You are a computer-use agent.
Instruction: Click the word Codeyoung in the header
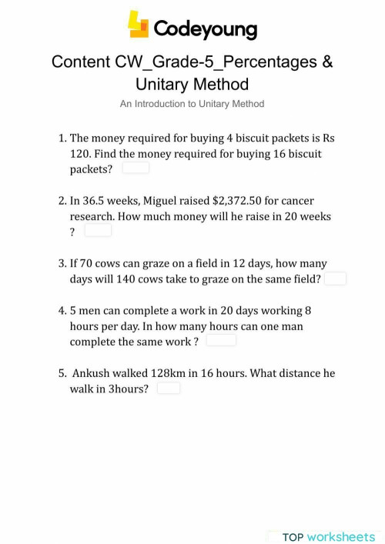(x=205, y=28)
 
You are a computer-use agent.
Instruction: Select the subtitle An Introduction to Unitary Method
(x=192, y=103)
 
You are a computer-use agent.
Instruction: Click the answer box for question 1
(x=136, y=168)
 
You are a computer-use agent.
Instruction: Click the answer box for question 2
(x=98, y=230)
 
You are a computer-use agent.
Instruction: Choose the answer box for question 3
(x=335, y=279)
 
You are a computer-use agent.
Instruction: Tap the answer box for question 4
(x=221, y=340)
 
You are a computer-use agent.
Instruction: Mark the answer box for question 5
(x=169, y=389)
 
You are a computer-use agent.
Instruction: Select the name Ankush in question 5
(x=92, y=373)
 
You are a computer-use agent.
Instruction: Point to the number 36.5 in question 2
(x=95, y=200)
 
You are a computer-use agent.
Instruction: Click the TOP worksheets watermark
(x=329, y=536)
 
